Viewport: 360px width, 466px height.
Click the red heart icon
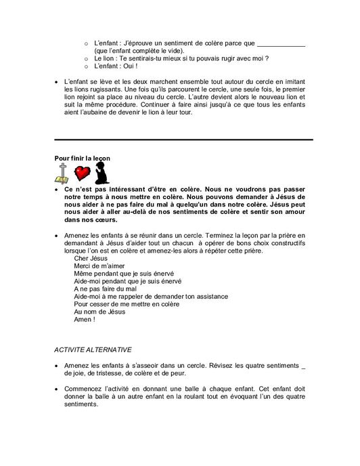click(x=83, y=173)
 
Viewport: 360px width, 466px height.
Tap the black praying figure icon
click(x=102, y=173)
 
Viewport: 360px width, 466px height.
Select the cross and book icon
click(x=62, y=173)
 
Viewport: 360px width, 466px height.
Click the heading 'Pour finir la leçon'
click(x=82, y=158)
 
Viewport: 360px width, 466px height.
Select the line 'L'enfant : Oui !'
click(x=116, y=66)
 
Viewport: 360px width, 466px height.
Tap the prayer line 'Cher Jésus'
click(x=91, y=259)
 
